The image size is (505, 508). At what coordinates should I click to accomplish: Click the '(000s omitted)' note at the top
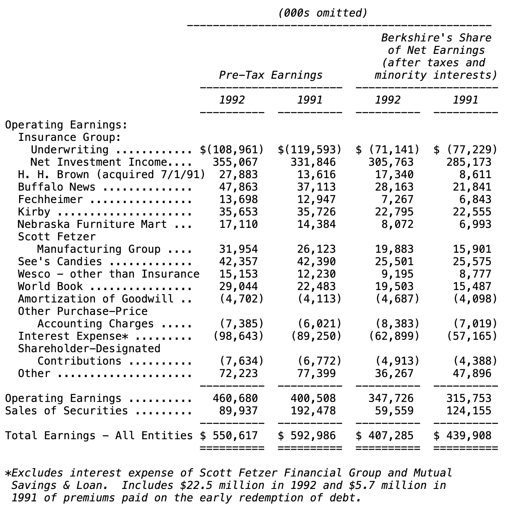pyautogui.click(x=323, y=13)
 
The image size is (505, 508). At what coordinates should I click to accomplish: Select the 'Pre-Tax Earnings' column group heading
pyautogui.click(x=271, y=75)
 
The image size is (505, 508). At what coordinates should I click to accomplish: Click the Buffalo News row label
pyautogui.click(x=56, y=187)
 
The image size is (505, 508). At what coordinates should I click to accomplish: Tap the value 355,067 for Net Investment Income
pyautogui.click(x=235, y=162)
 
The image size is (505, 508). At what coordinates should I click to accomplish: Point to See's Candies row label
pyautogui.click(x=60, y=262)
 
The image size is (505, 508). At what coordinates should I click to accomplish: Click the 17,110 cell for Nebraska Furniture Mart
pyautogui.click(x=238, y=225)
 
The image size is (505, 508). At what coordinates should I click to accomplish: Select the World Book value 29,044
pyautogui.click(x=238, y=287)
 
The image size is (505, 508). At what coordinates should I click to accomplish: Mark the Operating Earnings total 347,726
pyautogui.click(x=391, y=399)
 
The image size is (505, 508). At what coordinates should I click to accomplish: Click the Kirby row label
pyautogui.click(x=34, y=212)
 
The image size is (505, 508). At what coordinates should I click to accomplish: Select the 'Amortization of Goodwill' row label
pyautogui.click(x=95, y=299)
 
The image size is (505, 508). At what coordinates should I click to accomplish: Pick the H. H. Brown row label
pyautogui.click(x=111, y=175)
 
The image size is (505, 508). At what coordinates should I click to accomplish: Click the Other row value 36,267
pyautogui.click(x=394, y=374)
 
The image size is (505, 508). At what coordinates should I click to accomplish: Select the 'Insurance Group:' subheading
pyautogui.click(x=69, y=138)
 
